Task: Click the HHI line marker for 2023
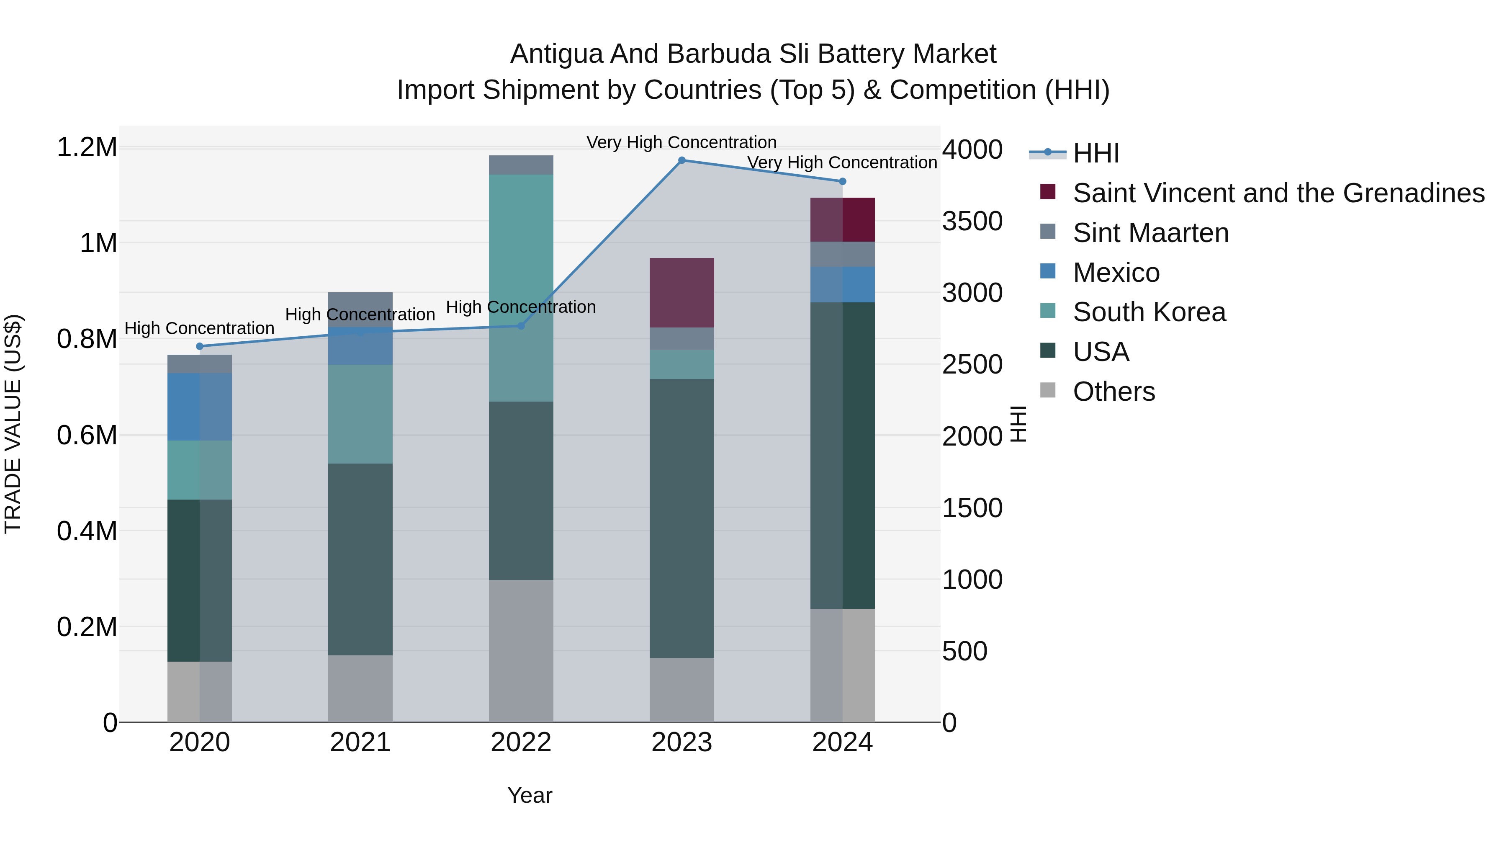681,160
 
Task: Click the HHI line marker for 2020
200,346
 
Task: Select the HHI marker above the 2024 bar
842,181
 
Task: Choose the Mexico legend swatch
1048,271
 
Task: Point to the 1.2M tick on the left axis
87,147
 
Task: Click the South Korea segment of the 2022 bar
521,287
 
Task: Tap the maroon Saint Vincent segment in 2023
681,293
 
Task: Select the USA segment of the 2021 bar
360,559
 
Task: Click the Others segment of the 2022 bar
521,651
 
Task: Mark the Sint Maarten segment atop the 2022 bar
521,165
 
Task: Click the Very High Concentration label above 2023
681,143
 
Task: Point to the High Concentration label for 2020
200,329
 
